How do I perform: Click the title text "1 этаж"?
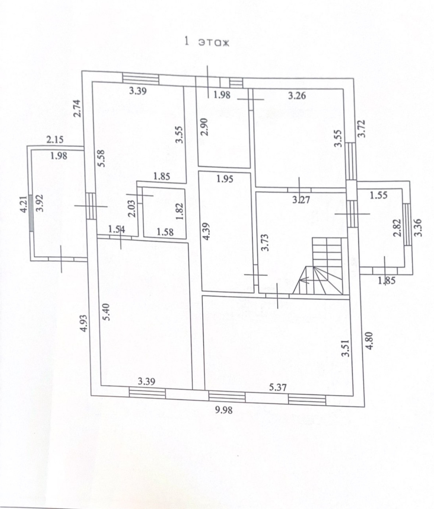coord(207,42)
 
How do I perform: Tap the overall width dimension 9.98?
coord(224,409)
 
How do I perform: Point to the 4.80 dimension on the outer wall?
coord(370,341)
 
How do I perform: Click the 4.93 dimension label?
coord(84,323)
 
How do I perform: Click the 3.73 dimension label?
coord(265,243)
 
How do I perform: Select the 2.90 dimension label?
coord(205,127)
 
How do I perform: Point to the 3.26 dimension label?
coord(297,96)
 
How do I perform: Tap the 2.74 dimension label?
coord(77,109)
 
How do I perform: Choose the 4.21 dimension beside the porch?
coord(24,205)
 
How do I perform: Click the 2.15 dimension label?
coord(55,139)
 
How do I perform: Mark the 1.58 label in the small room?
coord(165,232)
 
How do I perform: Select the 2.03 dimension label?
coord(133,208)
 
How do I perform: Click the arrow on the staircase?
coord(304,280)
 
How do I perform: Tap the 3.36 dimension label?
coord(418,228)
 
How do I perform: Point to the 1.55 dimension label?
coord(378,195)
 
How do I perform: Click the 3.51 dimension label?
coord(345,348)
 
